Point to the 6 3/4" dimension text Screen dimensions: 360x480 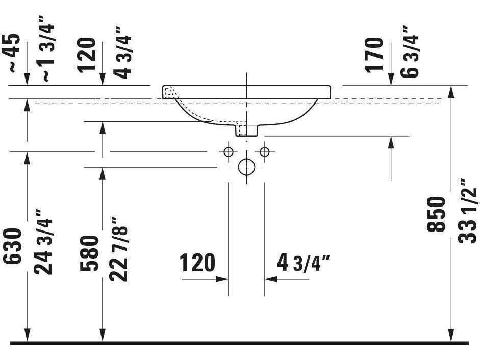click(x=410, y=51)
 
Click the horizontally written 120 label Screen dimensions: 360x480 click(x=197, y=263)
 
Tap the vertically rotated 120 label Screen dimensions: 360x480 click(x=88, y=55)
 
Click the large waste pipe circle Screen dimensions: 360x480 click(x=246, y=166)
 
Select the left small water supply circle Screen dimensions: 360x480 click(x=228, y=151)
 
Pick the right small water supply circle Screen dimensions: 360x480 click(x=264, y=151)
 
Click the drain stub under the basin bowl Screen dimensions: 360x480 click(x=247, y=131)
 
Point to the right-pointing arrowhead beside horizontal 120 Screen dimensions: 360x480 click(x=222, y=279)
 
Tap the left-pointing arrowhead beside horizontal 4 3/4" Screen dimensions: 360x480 click(x=270, y=279)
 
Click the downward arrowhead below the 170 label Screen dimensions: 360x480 click(x=391, y=80)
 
